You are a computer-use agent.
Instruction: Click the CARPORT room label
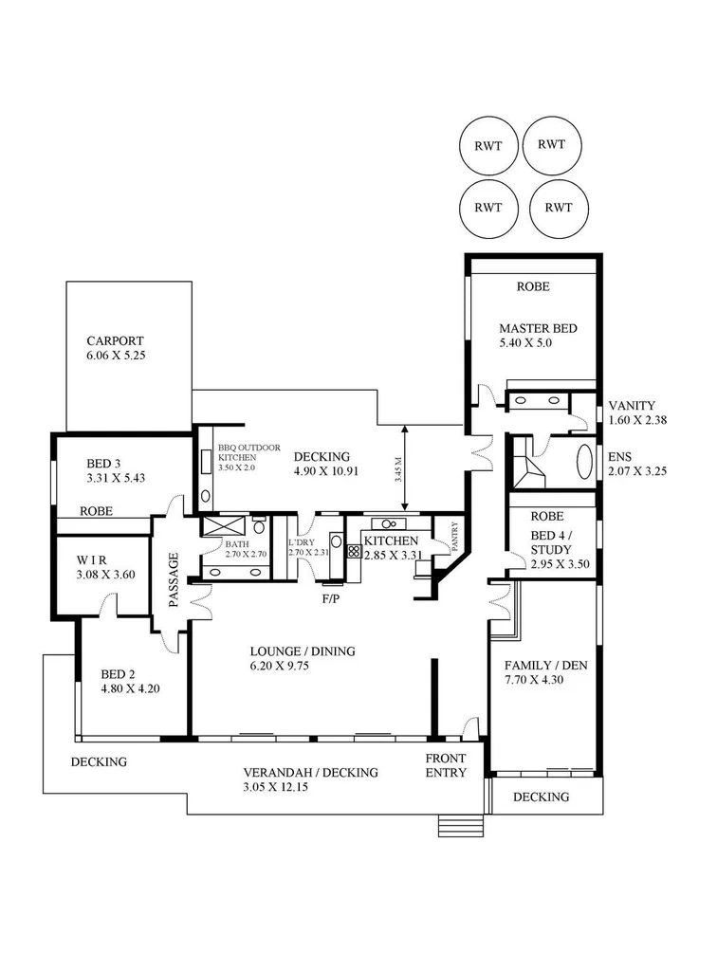click(114, 340)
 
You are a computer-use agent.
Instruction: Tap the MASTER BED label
click(538, 329)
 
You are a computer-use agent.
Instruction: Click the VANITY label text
click(632, 405)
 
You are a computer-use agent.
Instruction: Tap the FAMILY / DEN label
click(545, 665)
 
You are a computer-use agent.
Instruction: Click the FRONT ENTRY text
click(446, 765)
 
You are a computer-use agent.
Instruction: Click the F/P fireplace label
click(329, 599)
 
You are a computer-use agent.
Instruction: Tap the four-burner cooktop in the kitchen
click(353, 550)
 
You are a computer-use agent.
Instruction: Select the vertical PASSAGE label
click(175, 578)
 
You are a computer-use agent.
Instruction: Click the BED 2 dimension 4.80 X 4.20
click(130, 688)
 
